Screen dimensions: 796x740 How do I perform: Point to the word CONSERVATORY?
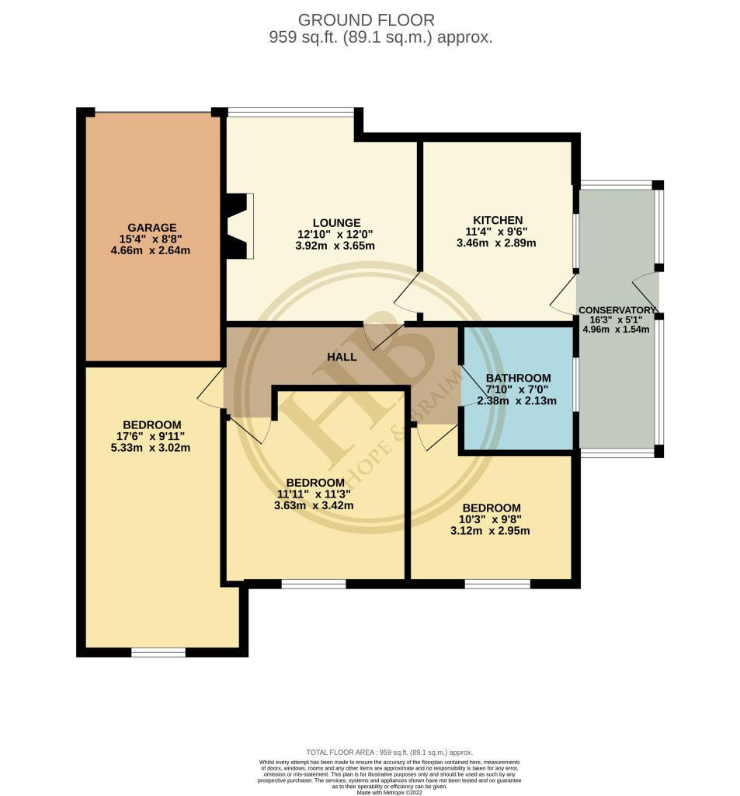617,310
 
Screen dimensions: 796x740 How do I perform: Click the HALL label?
342,357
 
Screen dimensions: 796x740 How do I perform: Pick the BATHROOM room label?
518,378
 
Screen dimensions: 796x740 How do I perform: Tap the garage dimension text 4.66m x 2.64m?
152,250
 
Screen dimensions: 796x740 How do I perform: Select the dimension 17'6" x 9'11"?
152,436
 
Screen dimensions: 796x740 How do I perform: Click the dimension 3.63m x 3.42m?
314,505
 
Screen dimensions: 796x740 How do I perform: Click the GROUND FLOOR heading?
367,20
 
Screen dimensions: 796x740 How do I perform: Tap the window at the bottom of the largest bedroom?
158,651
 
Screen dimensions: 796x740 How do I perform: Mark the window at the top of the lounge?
291,111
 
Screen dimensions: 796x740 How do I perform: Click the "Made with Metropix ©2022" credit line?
389,792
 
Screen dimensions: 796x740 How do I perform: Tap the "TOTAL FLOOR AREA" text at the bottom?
389,752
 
